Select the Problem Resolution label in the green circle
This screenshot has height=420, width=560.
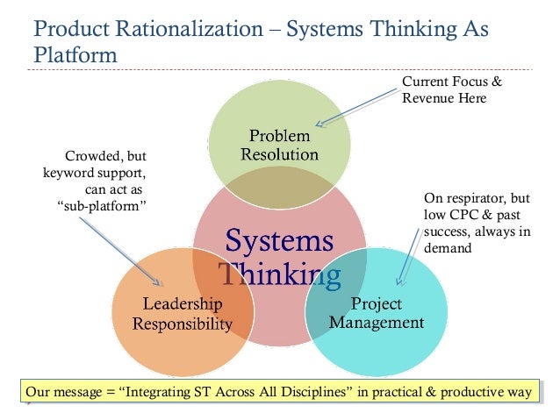(279, 146)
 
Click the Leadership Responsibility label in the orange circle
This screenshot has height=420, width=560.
(183, 314)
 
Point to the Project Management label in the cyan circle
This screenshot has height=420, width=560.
(376, 313)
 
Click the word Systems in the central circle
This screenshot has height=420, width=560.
(280, 241)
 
